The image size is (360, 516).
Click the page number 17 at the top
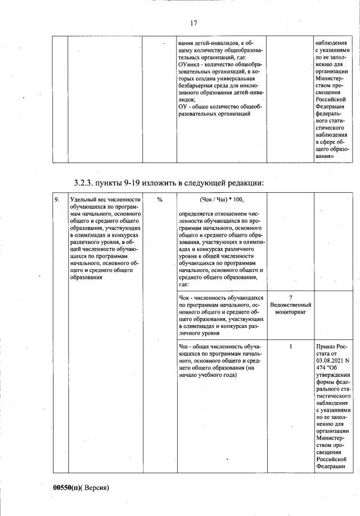pos(193,23)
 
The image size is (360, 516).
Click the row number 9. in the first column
pos(57,200)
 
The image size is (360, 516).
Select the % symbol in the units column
pos(160,200)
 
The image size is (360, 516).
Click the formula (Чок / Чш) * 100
pos(221,200)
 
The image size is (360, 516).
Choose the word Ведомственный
pos(291,306)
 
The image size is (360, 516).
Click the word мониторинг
pos(291,313)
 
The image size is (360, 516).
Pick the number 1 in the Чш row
pos(291,347)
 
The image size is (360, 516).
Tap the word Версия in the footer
pos(95,488)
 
